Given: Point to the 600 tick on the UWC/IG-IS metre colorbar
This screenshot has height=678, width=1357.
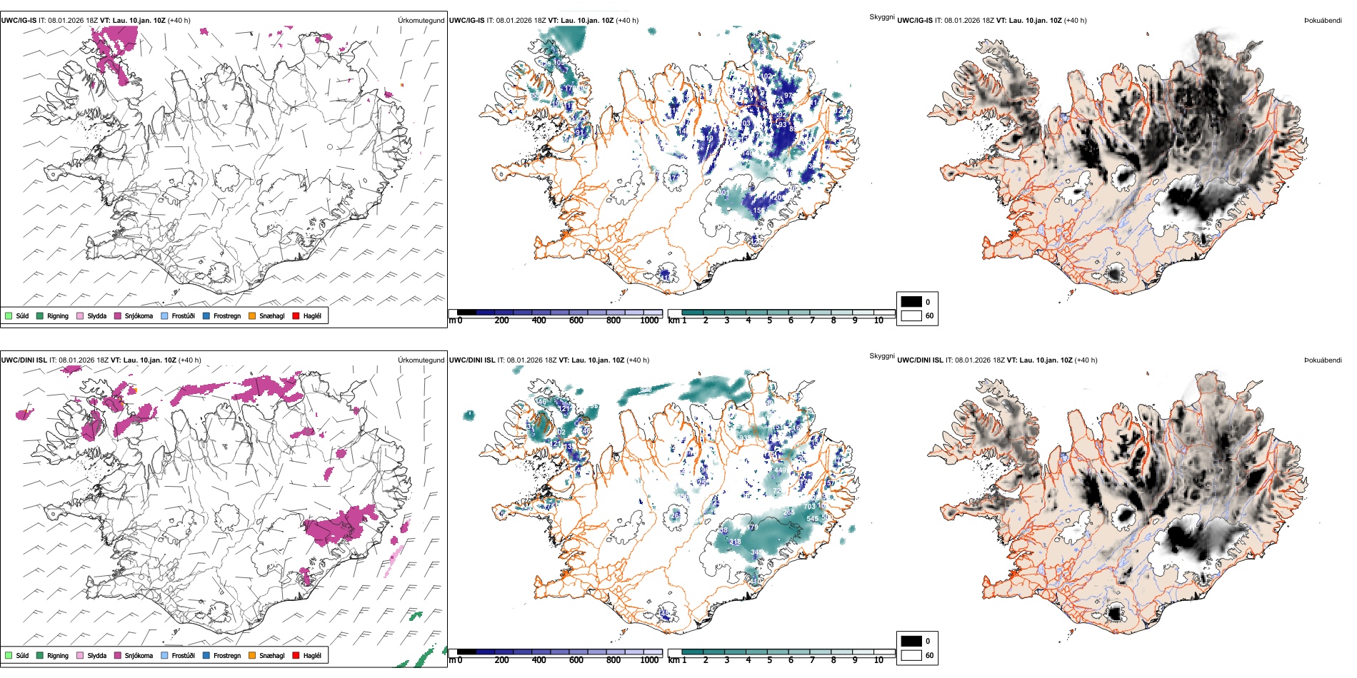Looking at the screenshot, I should [x=576, y=320].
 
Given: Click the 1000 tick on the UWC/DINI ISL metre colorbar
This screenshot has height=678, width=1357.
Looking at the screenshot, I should [x=649, y=660].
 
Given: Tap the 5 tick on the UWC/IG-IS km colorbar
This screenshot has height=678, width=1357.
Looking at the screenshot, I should [x=769, y=320].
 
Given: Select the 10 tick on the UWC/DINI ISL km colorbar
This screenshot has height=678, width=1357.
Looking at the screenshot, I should [x=878, y=660].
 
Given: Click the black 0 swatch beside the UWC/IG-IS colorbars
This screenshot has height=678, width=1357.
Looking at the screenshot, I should [x=911, y=301].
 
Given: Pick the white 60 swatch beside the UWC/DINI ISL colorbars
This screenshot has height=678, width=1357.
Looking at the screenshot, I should [x=911, y=655].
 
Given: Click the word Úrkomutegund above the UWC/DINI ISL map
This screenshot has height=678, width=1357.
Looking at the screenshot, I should [x=421, y=360].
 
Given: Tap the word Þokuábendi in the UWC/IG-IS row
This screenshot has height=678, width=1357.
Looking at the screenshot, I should [x=1323, y=21].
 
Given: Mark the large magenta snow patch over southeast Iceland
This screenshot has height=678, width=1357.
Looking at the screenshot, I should [x=341, y=525].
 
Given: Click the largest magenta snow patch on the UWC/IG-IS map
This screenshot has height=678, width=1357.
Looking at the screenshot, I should [x=114, y=49].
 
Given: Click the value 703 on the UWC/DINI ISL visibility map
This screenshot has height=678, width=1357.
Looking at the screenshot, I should [x=809, y=507].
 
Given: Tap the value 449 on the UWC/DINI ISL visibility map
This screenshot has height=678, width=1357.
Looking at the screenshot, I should [x=781, y=470].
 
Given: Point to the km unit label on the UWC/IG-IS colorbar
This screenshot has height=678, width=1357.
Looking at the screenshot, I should [x=674, y=320].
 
